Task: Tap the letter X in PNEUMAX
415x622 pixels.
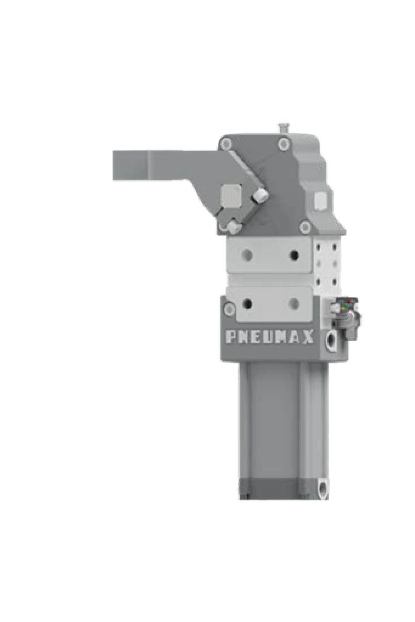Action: [308, 337]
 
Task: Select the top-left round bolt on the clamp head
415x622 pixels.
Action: [227, 144]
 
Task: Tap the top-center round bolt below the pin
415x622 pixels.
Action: [283, 144]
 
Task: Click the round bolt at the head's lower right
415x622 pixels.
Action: [305, 227]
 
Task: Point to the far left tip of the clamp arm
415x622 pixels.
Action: [114, 166]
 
